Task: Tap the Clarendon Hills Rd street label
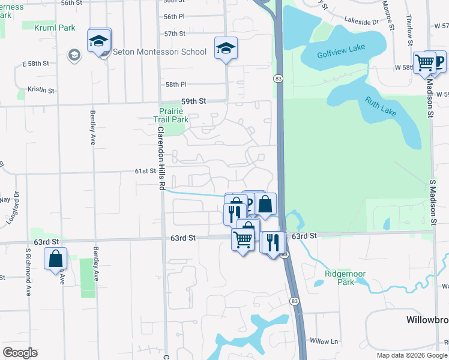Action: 161,158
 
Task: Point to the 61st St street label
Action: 145,171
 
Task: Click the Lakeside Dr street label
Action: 361,22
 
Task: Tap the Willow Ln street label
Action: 324,341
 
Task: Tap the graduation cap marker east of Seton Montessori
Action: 226,47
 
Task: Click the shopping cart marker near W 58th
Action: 424,62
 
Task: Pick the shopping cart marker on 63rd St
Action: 243,240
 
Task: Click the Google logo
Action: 20,353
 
